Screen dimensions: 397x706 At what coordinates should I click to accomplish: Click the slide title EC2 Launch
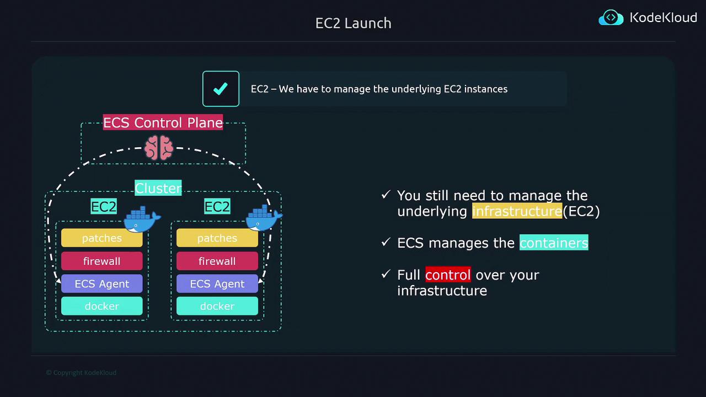pos(353,23)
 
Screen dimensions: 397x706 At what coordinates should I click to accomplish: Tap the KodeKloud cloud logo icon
pos(611,18)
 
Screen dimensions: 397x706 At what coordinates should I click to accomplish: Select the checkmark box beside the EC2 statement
pos(221,89)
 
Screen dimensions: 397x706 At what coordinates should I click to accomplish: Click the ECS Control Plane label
pos(163,122)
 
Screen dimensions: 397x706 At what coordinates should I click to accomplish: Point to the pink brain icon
pos(159,148)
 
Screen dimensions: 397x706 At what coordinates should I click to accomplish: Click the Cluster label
pos(158,188)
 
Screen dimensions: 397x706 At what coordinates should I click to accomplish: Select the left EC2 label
pos(104,207)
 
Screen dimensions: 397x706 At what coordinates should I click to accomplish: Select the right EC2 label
pos(217,207)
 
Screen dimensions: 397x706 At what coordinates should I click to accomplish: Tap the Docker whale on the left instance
pos(142,219)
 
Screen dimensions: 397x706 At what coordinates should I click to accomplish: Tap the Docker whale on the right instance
pos(263,218)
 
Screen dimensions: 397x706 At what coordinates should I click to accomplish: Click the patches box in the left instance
pos(101,238)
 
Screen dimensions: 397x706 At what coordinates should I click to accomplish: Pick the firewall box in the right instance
pos(217,261)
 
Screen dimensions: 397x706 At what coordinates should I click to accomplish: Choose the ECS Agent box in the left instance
pos(101,284)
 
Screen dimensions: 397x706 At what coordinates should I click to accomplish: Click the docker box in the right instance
pos(217,307)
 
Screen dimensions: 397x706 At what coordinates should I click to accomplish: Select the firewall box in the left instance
pos(101,261)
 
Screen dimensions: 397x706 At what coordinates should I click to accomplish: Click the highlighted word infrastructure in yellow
pos(517,211)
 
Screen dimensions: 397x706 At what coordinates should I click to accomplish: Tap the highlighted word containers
pos(554,243)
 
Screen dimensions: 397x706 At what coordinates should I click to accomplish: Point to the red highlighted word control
pos(447,275)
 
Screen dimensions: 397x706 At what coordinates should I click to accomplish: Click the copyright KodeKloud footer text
pos(81,373)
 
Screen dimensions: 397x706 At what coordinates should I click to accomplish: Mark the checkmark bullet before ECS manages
pos(386,242)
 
